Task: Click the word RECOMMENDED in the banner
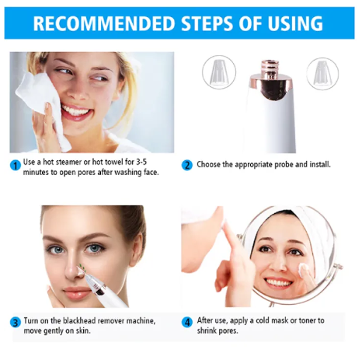[x=104, y=23]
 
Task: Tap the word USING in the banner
[x=295, y=23]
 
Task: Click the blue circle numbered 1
[x=16, y=166]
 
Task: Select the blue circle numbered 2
[x=187, y=165]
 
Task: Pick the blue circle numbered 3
[x=16, y=323]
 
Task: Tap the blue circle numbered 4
[x=187, y=323]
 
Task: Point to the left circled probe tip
[x=219, y=72]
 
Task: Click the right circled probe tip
[x=322, y=74]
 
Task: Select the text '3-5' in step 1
[x=141, y=162]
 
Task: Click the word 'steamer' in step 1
[x=68, y=162]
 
